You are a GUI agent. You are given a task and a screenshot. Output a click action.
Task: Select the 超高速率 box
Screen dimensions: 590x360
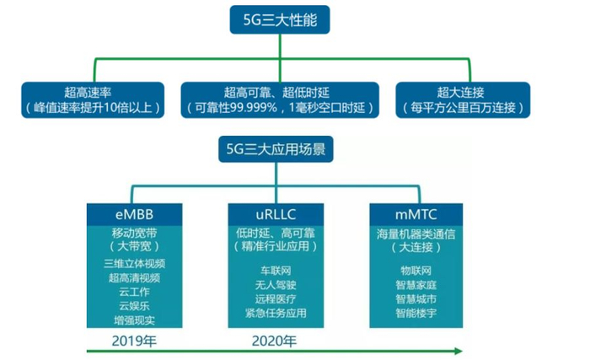[93, 99]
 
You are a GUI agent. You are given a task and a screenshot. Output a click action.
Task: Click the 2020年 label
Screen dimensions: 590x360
[275, 341]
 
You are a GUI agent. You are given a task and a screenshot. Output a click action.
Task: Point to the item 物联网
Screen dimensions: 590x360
[416, 270]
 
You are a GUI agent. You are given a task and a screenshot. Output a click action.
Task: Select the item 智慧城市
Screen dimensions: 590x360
[416, 298]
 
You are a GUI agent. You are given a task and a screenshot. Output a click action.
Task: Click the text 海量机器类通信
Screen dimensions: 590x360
[416, 231]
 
